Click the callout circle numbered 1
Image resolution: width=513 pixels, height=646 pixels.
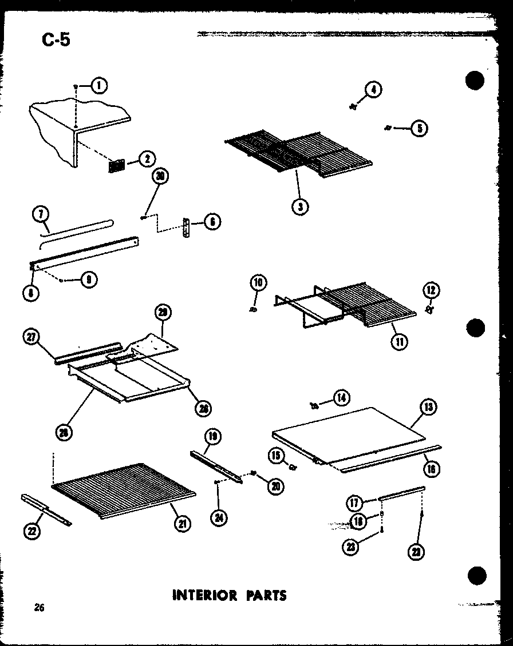click(98, 86)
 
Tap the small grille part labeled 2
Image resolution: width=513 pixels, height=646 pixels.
click(116, 165)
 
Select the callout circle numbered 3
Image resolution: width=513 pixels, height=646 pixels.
click(299, 206)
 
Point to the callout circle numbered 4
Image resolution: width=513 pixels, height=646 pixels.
click(373, 90)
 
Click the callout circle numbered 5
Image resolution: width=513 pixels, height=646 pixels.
click(419, 128)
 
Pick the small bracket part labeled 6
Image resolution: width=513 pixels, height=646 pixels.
click(186, 228)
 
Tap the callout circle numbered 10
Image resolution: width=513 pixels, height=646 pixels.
click(258, 283)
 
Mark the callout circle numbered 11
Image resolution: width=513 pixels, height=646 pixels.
click(399, 342)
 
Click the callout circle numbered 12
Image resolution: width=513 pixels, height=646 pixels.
click(431, 290)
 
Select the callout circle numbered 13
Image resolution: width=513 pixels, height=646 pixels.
click(428, 408)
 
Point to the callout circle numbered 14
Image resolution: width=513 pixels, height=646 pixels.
click(342, 397)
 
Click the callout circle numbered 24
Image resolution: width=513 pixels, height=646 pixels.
click(219, 517)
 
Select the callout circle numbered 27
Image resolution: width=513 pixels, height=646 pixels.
click(31, 337)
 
